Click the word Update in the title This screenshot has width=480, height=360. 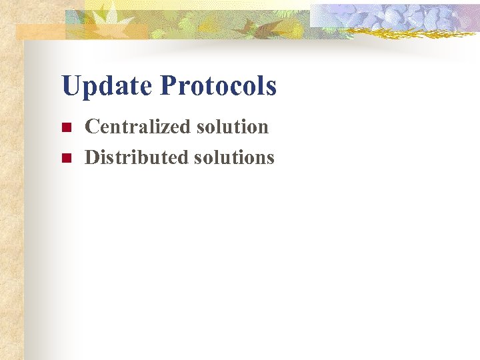point(107,87)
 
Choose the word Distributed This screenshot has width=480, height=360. point(137,157)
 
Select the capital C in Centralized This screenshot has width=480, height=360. point(91,127)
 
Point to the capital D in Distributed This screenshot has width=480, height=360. point(91,157)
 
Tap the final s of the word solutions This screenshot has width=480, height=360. point(270,159)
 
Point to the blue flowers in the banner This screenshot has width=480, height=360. point(400,17)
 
